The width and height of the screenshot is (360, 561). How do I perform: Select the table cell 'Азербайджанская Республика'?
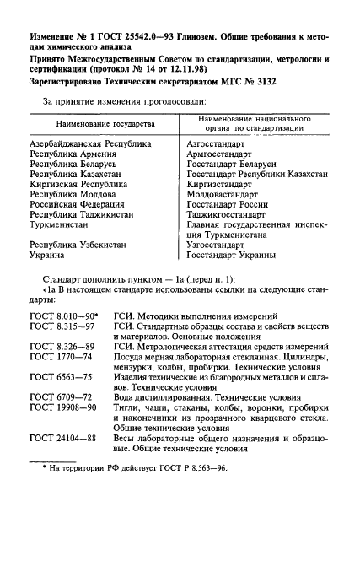click(x=90, y=144)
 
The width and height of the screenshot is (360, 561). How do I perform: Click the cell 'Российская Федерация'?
click(x=77, y=205)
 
